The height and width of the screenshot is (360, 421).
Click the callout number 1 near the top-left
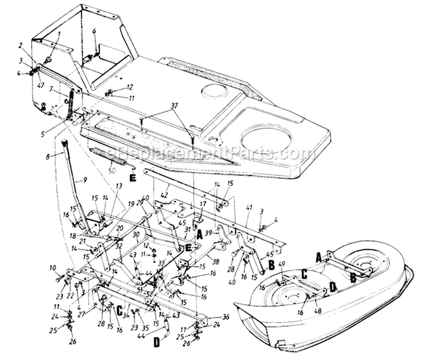click(x=58, y=34)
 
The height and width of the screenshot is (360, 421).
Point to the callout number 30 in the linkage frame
click(x=135, y=235)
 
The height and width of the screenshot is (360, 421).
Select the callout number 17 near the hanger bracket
click(x=203, y=204)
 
